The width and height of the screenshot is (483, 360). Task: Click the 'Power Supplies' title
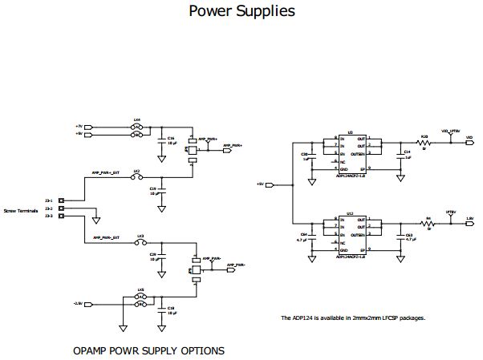[x=241, y=11]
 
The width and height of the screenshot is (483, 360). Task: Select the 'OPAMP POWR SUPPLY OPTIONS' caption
[x=148, y=350]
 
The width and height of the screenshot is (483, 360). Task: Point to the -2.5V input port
[x=89, y=304]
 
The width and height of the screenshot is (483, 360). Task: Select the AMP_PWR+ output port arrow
[x=229, y=147]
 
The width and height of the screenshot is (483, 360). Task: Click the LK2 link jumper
[x=137, y=177]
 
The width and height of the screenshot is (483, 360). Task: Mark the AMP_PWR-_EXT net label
[x=106, y=238]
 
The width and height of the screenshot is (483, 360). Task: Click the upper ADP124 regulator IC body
[x=350, y=153]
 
